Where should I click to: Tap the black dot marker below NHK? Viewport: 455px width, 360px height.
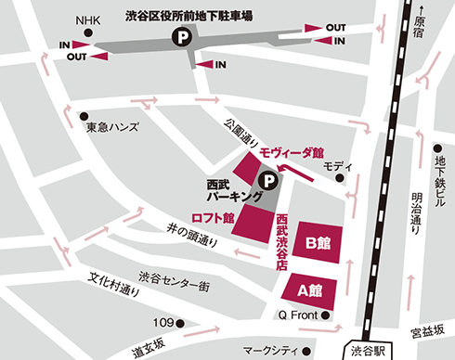click(x=88, y=32)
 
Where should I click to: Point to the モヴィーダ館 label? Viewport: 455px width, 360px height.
click(x=291, y=151)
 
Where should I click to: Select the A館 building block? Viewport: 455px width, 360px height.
click(x=309, y=289)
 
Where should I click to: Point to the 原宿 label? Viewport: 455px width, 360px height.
click(x=420, y=25)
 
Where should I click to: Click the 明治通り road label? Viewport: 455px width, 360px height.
click(x=415, y=213)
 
